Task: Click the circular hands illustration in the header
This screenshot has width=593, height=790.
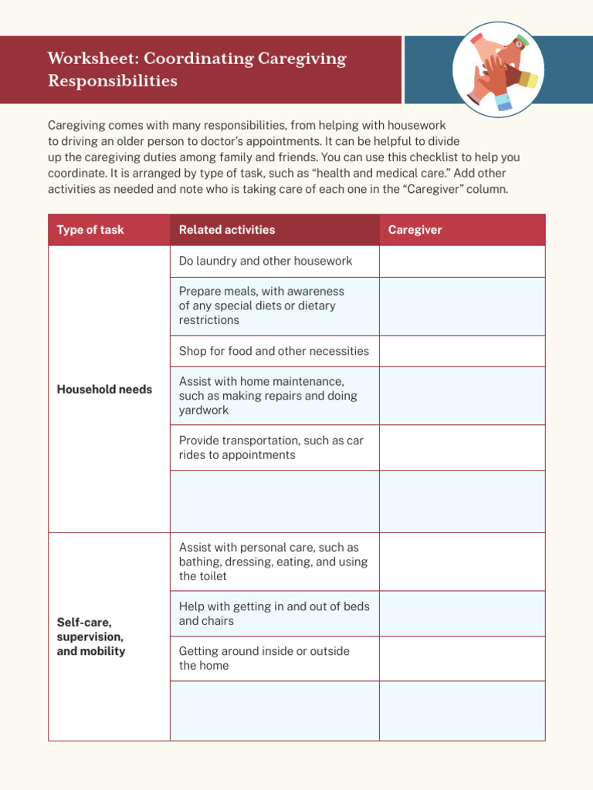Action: click(498, 69)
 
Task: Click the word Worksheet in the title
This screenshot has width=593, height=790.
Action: click(92, 59)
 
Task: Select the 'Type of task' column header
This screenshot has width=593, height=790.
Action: click(90, 230)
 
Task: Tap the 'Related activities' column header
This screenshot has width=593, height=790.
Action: click(227, 230)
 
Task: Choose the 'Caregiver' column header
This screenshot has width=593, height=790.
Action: click(415, 230)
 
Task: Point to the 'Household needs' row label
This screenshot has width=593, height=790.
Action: click(104, 390)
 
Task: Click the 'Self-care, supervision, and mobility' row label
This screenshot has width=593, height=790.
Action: click(91, 636)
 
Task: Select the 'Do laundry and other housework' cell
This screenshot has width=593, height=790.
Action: click(266, 261)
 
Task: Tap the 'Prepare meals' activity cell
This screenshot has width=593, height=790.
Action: click(262, 306)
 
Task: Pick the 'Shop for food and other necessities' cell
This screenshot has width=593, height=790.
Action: click(274, 351)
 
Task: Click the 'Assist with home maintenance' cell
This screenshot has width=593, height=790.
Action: click(268, 396)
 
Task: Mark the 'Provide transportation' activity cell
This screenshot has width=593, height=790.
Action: click(271, 447)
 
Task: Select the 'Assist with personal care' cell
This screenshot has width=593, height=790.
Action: click(273, 562)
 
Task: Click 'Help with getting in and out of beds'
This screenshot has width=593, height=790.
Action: click(274, 613)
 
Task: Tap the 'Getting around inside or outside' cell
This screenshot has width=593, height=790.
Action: click(264, 658)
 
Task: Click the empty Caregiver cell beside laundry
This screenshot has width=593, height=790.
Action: click(462, 262)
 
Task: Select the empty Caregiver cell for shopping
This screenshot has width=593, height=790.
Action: click(462, 351)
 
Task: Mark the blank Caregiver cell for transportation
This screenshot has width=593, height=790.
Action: click(462, 447)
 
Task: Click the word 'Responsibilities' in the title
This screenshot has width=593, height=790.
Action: click(113, 81)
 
